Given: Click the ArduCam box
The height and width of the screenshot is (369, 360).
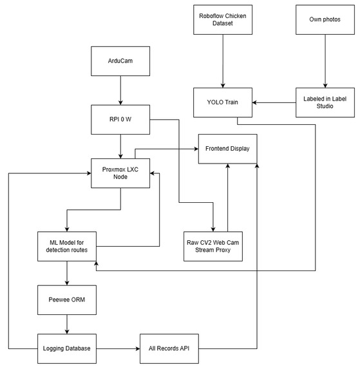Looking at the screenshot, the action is coord(120,61).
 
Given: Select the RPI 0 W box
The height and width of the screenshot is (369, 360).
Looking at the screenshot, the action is coord(120,120).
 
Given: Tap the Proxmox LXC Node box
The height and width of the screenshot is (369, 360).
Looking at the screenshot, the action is coord(120,173).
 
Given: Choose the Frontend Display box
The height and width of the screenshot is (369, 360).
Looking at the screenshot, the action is coord(227,149).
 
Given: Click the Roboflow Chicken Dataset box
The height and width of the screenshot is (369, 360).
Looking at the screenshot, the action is coord(223,20).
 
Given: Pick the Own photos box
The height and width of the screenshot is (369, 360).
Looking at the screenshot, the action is coord(325,20).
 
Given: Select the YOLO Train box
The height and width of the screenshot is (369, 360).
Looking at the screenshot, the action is coord(223,102).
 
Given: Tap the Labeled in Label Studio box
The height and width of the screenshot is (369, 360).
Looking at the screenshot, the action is coord(325,102).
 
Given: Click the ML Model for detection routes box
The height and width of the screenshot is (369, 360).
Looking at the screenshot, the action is coord(67,247).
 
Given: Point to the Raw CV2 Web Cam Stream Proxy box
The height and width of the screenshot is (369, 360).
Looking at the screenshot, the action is coord(213,247).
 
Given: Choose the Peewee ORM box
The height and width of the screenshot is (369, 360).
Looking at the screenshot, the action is coord(67,300).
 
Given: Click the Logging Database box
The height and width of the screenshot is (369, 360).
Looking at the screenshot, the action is coord(67,349).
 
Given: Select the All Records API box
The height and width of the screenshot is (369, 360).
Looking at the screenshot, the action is coord(169,349).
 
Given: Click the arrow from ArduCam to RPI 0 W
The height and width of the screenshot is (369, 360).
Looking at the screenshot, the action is coord(120,90).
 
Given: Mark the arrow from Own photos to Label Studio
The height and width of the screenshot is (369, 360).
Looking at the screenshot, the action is coord(325,61).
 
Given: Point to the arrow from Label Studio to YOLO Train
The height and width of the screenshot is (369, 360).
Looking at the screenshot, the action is coord(274,102).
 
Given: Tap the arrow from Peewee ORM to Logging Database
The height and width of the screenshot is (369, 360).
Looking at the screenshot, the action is coord(67,325).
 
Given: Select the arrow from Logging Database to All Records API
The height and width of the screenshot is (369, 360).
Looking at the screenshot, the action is coord(118,348).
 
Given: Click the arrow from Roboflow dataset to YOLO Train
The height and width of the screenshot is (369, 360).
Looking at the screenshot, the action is coord(223,61).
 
